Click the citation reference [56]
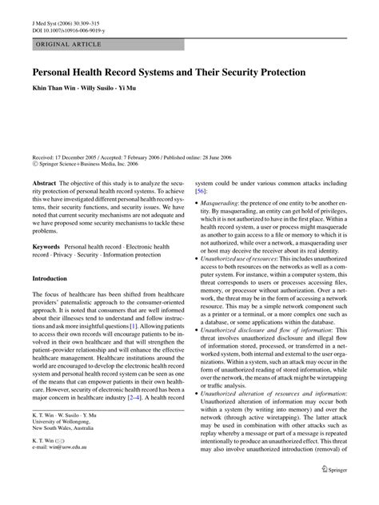click(203, 191)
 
